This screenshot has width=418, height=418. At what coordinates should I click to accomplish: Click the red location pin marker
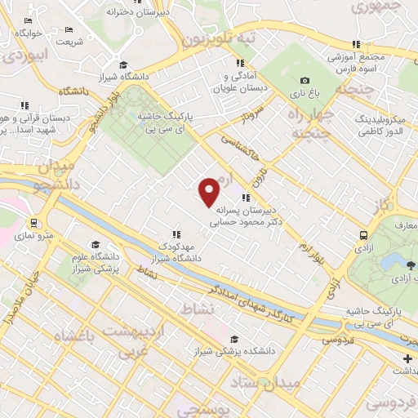pyautogui.click(x=210, y=191)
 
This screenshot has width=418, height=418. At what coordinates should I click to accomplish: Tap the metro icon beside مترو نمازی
pyautogui.click(x=33, y=222)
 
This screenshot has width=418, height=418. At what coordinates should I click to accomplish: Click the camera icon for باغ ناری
pyautogui.click(x=305, y=80)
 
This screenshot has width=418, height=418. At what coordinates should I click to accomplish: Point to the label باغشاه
pyautogui.click(x=82, y=336)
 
